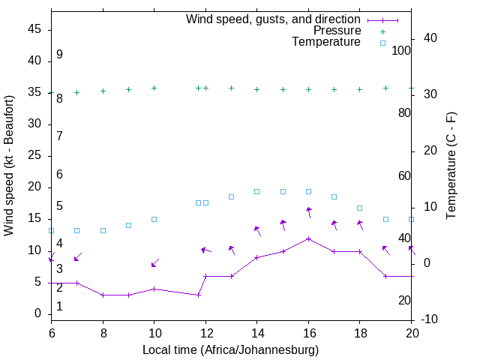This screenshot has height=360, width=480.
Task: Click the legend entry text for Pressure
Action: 337,31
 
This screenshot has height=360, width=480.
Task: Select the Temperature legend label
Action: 326,42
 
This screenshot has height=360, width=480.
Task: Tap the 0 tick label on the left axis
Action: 38,313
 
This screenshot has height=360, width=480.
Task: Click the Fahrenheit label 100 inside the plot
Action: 401,51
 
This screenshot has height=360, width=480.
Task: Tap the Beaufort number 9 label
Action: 59,55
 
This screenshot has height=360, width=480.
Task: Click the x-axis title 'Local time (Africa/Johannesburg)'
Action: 231,349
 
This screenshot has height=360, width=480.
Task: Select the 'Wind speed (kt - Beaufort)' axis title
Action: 9,165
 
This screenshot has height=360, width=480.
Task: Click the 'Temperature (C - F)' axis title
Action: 451,165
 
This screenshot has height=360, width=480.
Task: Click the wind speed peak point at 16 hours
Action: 308,238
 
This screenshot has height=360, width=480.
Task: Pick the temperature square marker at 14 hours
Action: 256,192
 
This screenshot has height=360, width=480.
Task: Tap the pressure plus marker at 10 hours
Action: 154,88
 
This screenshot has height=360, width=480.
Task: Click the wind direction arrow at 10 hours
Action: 154,262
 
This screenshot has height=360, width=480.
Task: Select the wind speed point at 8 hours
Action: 103,295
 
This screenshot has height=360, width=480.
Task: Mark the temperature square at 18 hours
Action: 360,208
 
